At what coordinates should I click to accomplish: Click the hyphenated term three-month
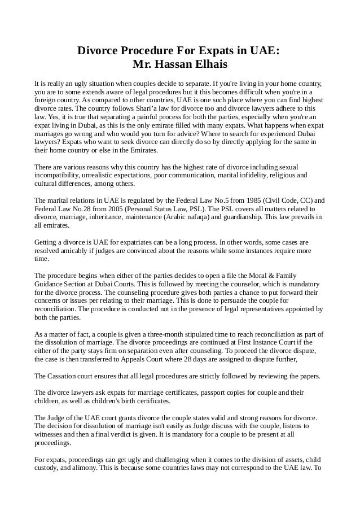pyautogui.click(x=144, y=334)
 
